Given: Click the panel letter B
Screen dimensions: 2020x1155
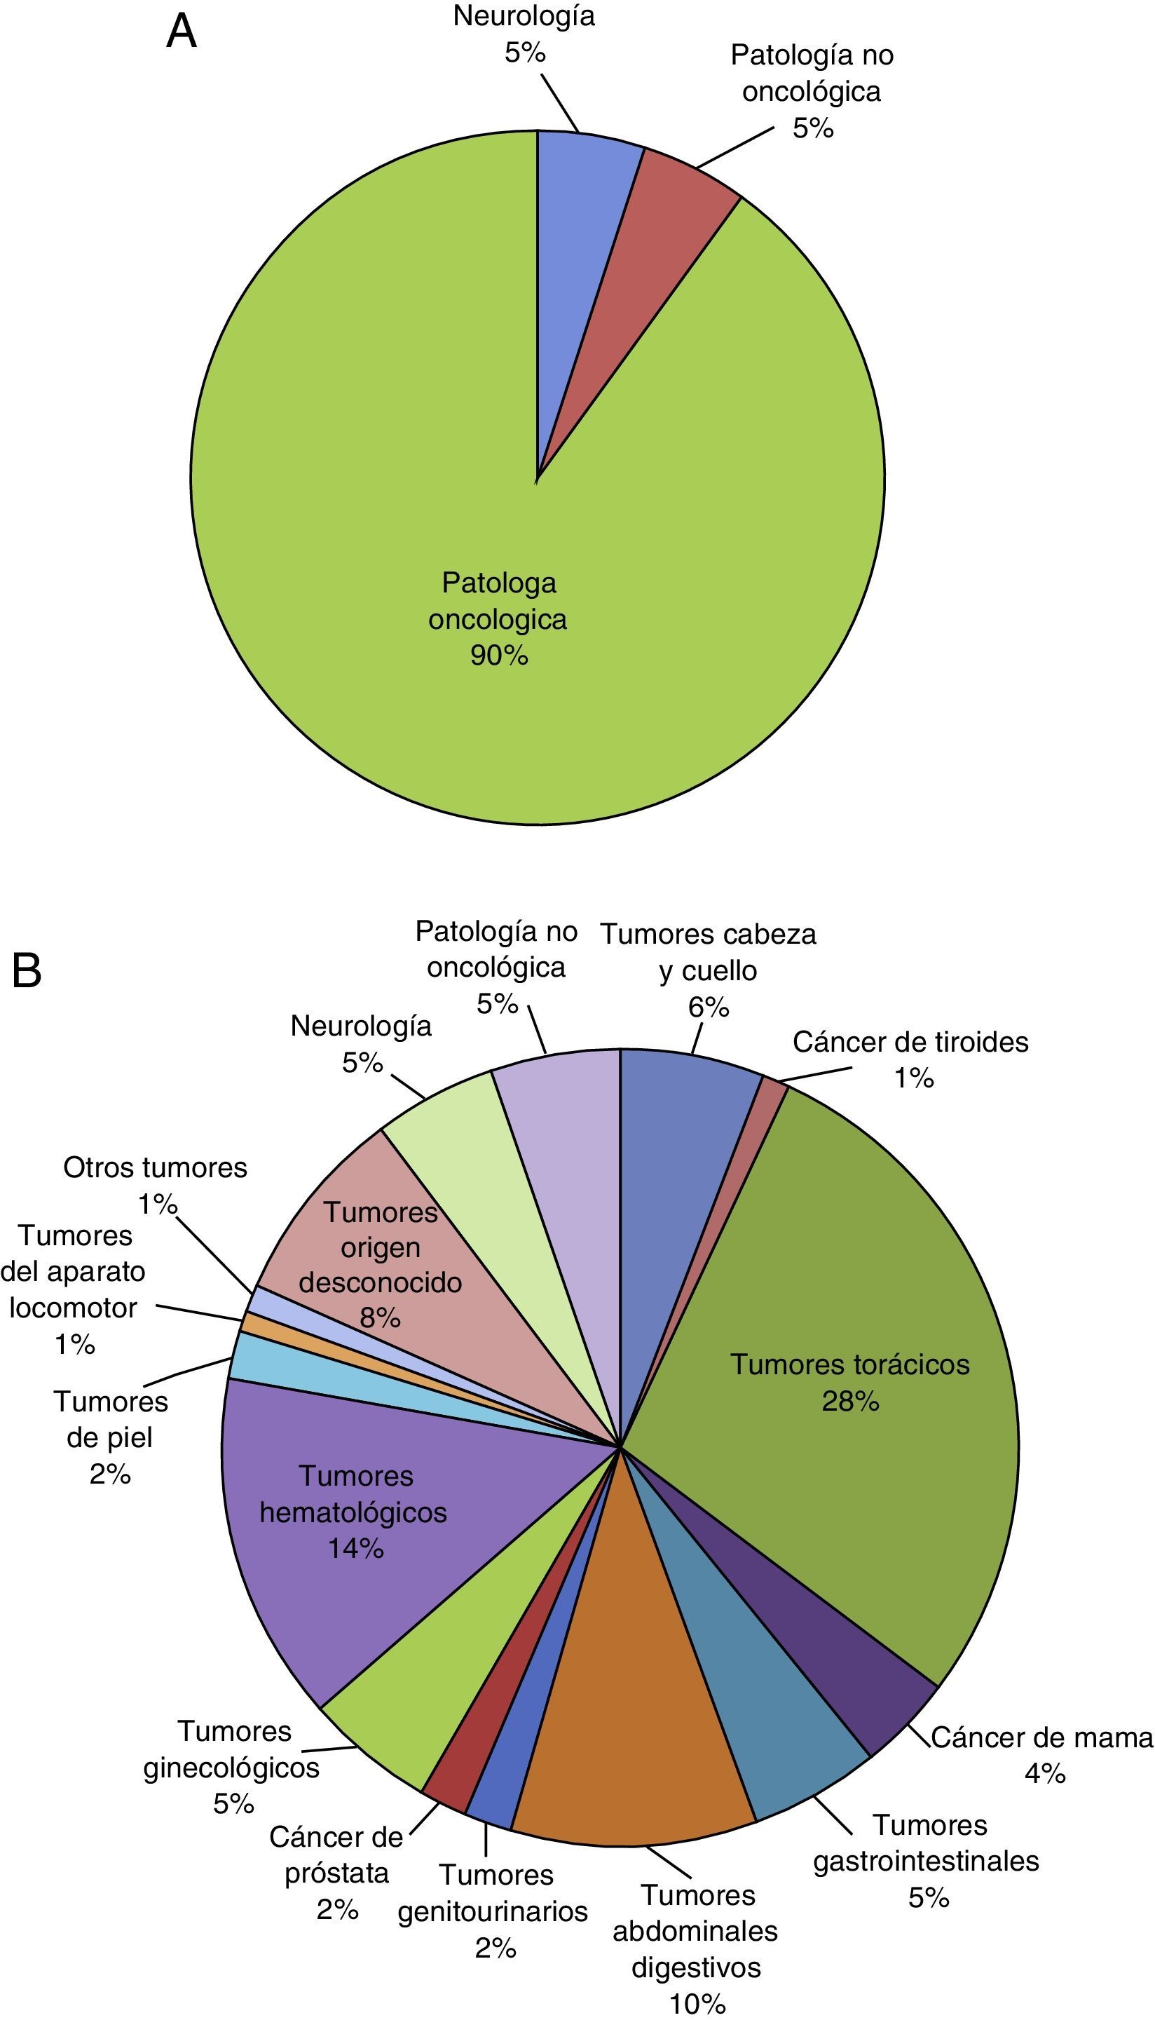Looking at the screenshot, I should (x=26, y=970).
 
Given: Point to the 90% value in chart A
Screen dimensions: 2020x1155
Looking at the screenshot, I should (x=498, y=656).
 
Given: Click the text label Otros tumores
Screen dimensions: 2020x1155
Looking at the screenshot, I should (x=155, y=1168).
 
